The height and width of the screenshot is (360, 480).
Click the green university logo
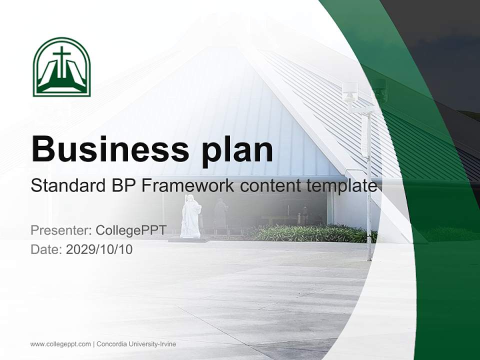61,66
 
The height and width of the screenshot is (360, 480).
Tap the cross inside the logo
61,60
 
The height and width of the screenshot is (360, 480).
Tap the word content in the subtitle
271,185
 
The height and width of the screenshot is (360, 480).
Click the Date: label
46,249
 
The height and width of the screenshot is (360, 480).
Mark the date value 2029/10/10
99,249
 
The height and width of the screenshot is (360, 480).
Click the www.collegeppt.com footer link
60,344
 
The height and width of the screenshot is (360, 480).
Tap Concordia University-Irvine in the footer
136,344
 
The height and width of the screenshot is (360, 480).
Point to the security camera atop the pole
350,91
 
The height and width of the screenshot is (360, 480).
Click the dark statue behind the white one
220,212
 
